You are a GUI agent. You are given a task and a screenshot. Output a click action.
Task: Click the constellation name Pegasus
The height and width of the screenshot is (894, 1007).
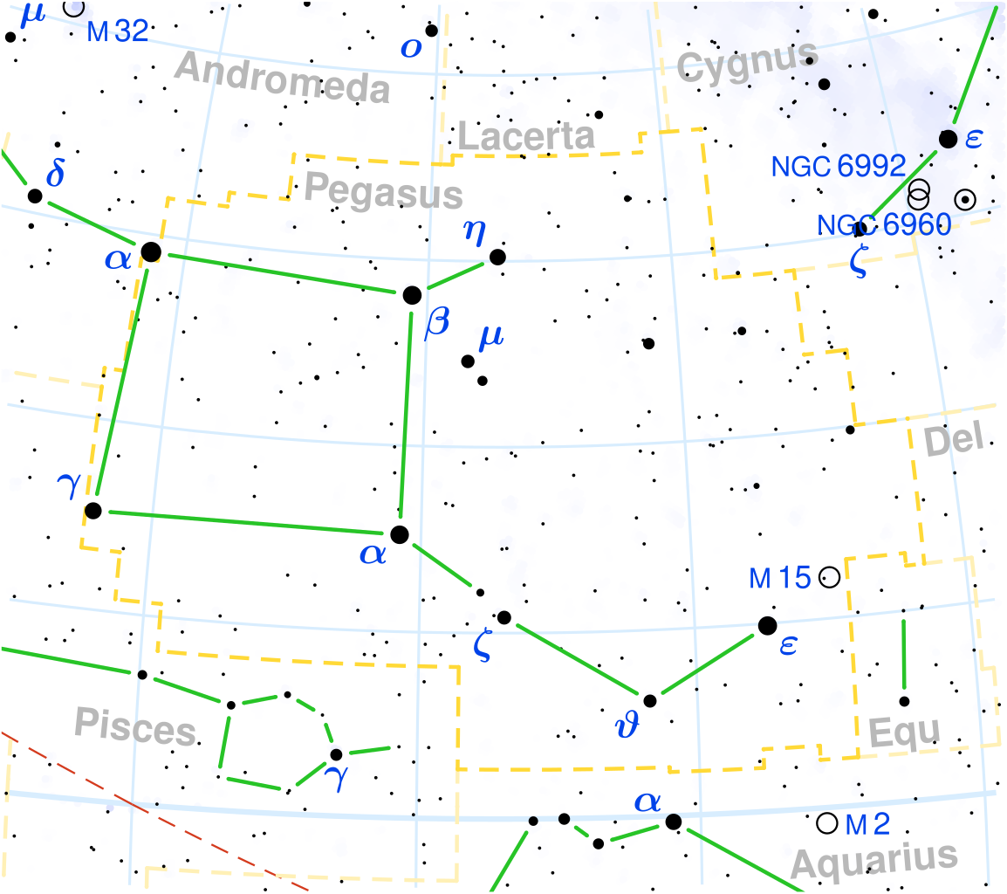tap(383, 189)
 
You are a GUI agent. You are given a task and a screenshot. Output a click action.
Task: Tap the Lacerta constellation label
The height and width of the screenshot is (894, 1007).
tap(526, 136)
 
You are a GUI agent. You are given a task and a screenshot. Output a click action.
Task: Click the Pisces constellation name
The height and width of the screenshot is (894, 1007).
tap(134, 726)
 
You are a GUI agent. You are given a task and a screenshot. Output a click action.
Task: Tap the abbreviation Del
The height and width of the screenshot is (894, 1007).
tap(953, 441)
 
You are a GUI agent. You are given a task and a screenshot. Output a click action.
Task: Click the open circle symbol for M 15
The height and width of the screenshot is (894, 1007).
tap(829, 577)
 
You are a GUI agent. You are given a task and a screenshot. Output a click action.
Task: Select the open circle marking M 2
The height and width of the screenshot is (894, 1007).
tap(825, 822)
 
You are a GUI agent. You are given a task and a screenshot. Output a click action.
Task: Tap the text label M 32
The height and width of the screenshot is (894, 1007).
tap(118, 32)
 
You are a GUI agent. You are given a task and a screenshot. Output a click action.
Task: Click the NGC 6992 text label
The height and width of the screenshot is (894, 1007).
tap(839, 166)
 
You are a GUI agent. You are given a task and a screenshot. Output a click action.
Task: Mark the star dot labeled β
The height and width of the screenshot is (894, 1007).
tap(412, 295)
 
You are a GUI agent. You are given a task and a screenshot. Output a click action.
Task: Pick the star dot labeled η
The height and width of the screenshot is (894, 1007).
tap(497, 257)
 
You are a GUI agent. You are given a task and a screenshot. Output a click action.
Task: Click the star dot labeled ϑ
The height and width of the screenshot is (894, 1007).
tap(649, 700)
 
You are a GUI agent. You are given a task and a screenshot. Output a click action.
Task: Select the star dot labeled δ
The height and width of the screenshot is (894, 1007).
tap(35, 196)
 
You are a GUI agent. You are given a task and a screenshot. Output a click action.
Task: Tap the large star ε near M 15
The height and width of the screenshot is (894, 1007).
tap(767, 625)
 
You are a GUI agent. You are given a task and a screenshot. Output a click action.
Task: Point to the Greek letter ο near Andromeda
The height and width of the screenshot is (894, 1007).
tap(410, 47)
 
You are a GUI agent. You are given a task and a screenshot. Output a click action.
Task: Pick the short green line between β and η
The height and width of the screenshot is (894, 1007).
tap(455, 276)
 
